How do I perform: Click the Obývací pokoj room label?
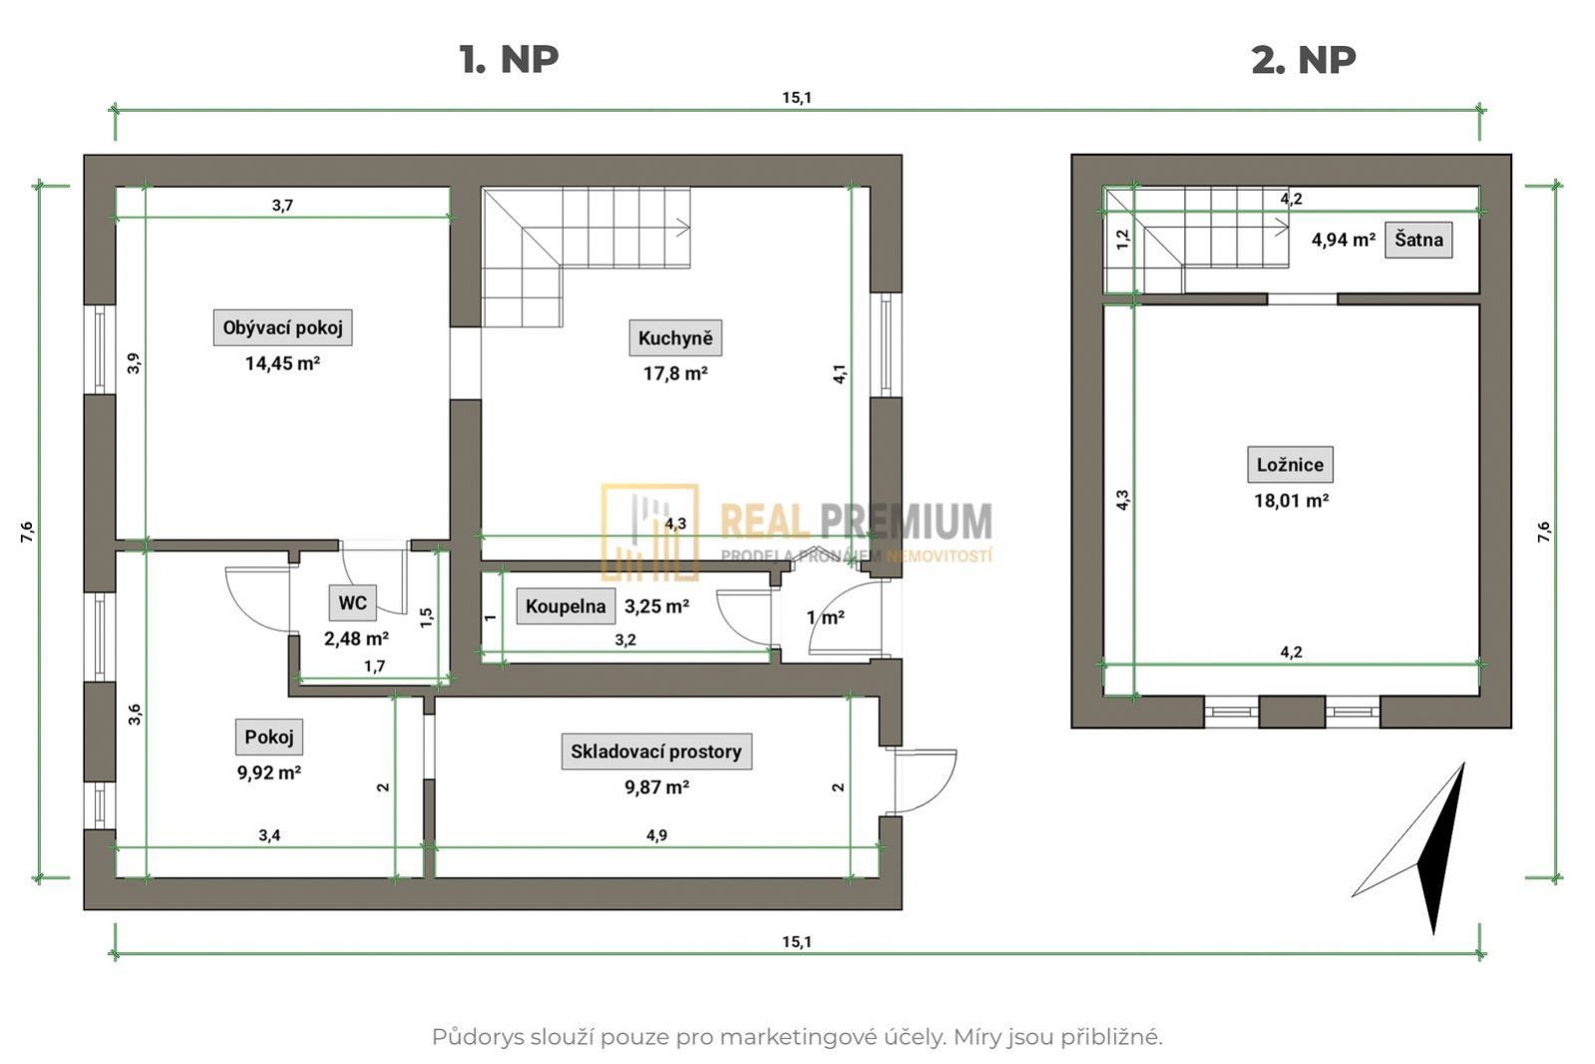pos(282,327)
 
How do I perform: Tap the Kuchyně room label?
pos(675,337)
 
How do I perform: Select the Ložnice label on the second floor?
pos(1290,465)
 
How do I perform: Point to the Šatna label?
pos(1418,240)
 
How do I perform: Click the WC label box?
pos(352,603)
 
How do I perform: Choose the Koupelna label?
pos(566,607)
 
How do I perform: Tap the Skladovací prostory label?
pos(656,752)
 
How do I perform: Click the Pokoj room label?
pos(269,737)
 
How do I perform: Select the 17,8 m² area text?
pos(675,374)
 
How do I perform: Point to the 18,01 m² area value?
pos(1291,501)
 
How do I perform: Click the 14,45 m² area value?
pos(282,363)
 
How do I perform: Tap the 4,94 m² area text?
pos(1343,241)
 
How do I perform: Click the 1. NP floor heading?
pos(509,59)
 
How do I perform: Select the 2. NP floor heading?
pos(1304,60)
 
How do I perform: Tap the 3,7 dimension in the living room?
pos(282,206)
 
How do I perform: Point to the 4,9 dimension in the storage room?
pos(656,835)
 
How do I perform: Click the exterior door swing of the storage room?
pos(926,781)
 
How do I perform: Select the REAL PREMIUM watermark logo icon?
pos(649,532)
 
